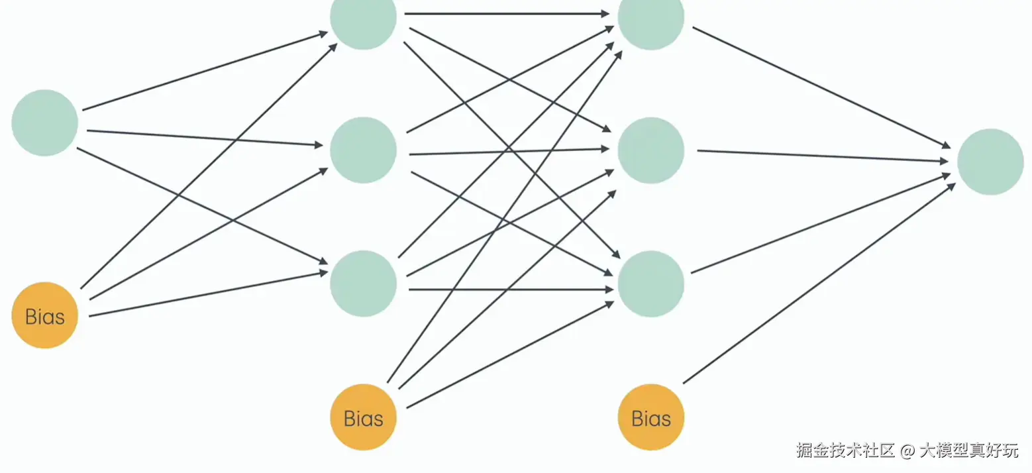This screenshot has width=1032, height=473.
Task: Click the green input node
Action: (x=45, y=123)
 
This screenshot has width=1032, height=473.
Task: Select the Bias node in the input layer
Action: (x=45, y=315)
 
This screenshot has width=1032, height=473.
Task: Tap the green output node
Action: (x=990, y=162)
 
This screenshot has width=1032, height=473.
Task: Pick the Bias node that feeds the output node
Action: (x=650, y=417)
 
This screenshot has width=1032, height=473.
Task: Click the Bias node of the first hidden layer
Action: (x=363, y=417)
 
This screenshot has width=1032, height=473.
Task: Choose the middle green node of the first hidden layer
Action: (x=363, y=150)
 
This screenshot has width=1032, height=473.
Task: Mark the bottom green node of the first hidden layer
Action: (x=363, y=284)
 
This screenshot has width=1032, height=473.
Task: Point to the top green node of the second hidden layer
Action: (x=650, y=19)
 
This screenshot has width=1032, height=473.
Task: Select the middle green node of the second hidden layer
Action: (x=650, y=150)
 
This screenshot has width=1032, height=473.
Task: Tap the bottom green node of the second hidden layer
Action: (x=650, y=284)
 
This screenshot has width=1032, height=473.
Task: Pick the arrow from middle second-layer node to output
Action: (x=821, y=156)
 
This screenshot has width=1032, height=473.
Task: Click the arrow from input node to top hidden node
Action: (x=205, y=70)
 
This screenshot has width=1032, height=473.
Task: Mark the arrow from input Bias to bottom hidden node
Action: (x=209, y=293)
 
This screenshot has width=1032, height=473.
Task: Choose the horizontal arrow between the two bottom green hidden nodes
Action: (x=510, y=289)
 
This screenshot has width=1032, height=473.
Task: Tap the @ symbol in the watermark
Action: (x=907, y=451)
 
